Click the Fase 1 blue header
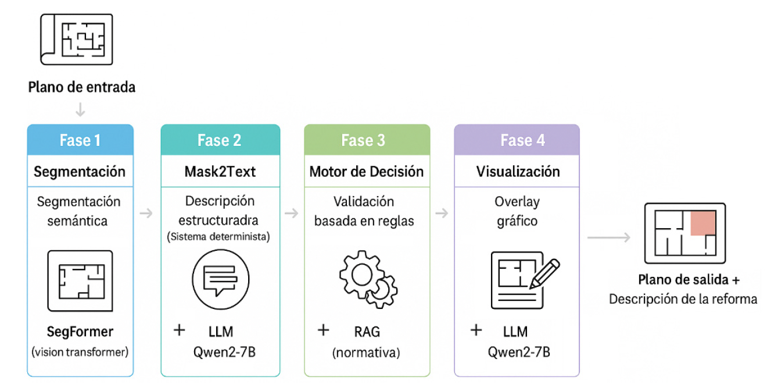80,140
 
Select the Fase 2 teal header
220,140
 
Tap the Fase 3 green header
367,140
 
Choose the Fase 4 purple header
517,140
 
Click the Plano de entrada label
82,87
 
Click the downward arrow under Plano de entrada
81,109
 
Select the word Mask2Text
220,172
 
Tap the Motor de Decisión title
367,172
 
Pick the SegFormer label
80,332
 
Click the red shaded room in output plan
703,223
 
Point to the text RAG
367,332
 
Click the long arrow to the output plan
609,237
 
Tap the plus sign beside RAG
323,330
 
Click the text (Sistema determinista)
220,237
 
